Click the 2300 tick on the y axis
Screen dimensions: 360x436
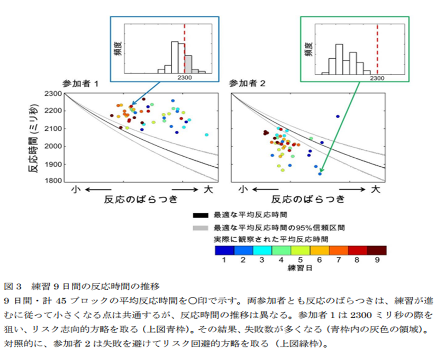[x=53, y=94]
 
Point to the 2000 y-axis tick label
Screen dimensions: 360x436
[x=53, y=146]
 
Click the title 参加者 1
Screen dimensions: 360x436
[x=79, y=84]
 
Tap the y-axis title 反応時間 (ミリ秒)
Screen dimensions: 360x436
[x=33, y=137]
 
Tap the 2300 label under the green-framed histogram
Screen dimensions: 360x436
[x=377, y=78]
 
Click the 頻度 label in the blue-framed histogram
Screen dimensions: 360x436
[x=116, y=49]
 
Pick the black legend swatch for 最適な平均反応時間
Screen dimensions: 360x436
[x=201, y=215]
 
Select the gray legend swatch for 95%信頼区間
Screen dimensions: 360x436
[x=201, y=227]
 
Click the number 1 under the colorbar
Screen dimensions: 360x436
[x=224, y=260]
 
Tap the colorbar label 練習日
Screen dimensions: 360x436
[x=300, y=267]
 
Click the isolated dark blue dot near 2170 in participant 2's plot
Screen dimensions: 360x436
[x=338, y=116]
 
